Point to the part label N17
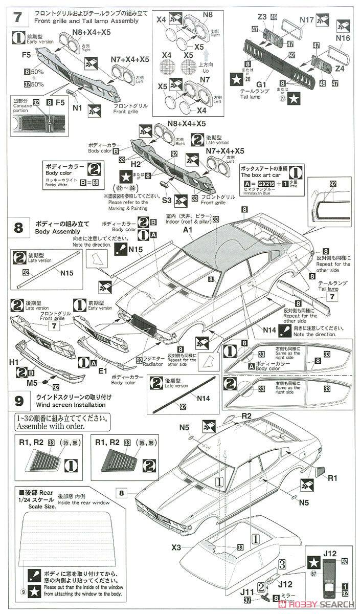click(307, 19)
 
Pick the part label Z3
click(262, 17)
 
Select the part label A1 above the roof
click(187, 231)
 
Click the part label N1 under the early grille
click(78, 108)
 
